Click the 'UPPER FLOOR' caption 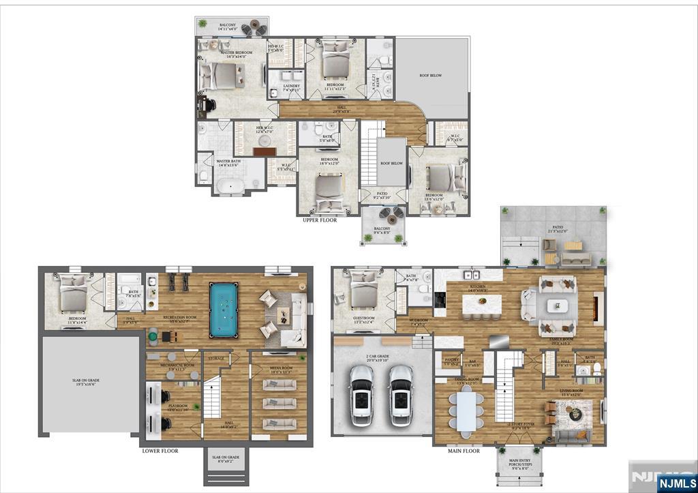(x=321, y=220)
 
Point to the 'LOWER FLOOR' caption (x=160, y=451)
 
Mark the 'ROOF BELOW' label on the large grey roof (x=430, y=76)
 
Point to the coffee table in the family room (x=558, y=305)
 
